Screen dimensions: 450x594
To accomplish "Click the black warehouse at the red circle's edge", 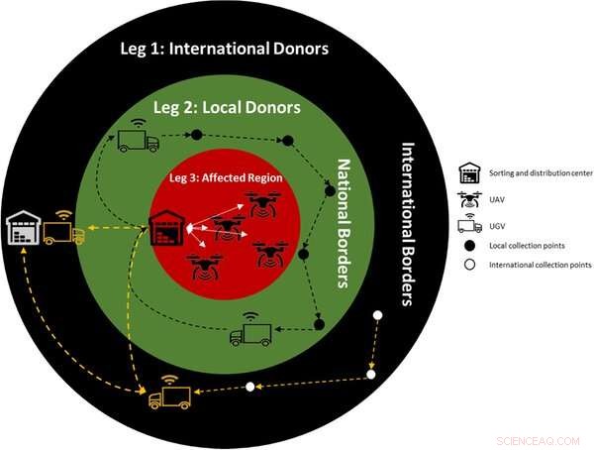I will (165, 230).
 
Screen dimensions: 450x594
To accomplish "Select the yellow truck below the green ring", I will (169, 394).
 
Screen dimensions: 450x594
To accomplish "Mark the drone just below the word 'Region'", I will (262, 204).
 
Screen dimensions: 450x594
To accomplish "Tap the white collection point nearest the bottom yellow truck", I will (250, 386).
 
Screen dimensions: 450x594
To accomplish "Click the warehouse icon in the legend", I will (471, 172).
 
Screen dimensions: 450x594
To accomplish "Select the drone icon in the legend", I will (471, 197).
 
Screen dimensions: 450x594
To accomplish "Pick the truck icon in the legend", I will (471, 223).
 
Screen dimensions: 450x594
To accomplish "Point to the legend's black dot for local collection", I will (471, 245).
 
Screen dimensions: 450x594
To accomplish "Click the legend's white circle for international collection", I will (471, 266).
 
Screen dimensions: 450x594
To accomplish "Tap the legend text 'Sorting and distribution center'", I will (541, 172).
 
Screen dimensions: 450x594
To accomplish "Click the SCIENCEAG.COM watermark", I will (543, 434).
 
